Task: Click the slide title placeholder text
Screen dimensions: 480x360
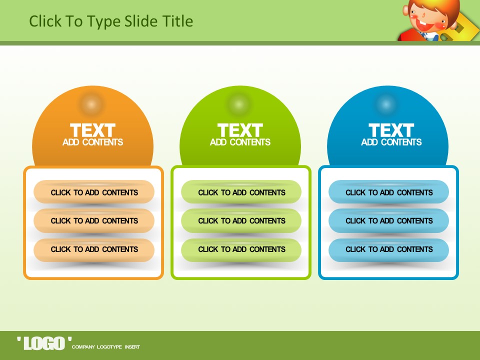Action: (x=111, y=21)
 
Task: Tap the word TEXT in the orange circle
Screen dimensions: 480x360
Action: (x=93, y=130)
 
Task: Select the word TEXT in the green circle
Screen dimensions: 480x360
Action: (x=240, y=130)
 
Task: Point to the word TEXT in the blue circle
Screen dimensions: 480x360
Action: (x=391, y=130)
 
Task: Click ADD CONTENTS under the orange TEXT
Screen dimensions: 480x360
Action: (x=93, y=142)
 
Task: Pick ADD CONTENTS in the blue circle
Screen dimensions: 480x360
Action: (x=391, y=142)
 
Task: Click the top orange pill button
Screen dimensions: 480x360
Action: (x=94, y=192)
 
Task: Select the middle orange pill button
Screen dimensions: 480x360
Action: (x=94, y=220)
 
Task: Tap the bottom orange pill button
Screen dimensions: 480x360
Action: (x=94, y=250)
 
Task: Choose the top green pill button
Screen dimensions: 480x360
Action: (x=241, y=192)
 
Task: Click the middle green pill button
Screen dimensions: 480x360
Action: (x=241, y=220)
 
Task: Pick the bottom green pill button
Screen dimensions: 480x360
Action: (x=241, y=250)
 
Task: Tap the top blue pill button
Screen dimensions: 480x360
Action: (x=389, y=192)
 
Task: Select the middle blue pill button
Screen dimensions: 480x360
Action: (x=389, y=220)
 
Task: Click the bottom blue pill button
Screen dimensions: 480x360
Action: (x=389, y=250)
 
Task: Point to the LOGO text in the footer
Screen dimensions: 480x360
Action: (x=44, y=343)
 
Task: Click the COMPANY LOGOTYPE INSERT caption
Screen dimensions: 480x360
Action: (x=106, y=347)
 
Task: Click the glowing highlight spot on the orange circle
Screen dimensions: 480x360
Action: (x=91, y=104)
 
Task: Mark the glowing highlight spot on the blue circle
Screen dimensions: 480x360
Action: (x=385, y=104)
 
